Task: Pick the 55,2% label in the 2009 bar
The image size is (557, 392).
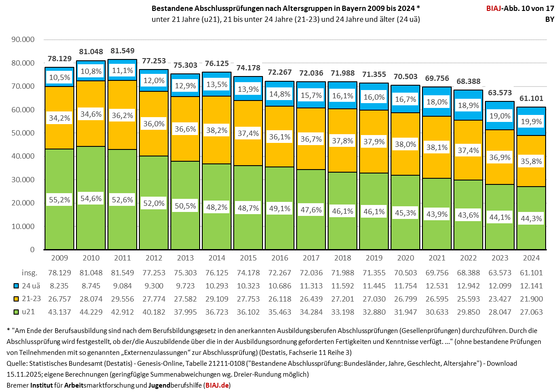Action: [59, 200]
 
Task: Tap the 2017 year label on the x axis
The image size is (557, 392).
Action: [311, 258]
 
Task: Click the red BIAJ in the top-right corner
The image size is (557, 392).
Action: [495, 8]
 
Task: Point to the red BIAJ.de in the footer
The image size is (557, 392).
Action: [218, 385]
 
